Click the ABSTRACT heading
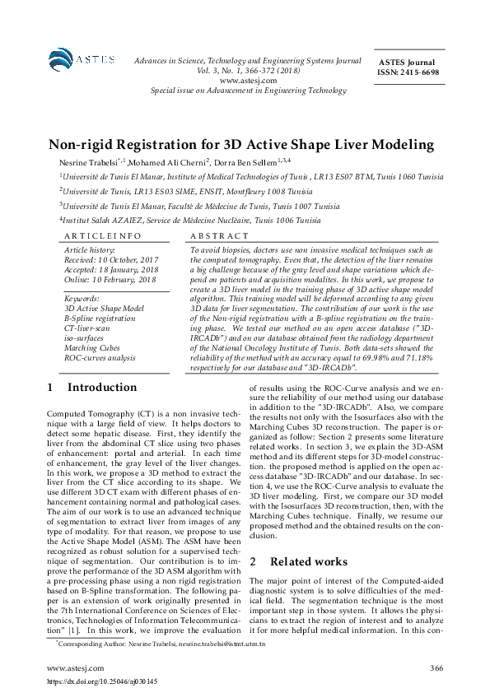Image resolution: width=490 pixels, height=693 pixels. (216, 235)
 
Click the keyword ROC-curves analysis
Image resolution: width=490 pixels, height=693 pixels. (100, 358)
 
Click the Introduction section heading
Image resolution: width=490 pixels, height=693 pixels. (102, 387)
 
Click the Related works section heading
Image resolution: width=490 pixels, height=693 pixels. (309, 538)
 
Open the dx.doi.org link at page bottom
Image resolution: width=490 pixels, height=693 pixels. (93, 681)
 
